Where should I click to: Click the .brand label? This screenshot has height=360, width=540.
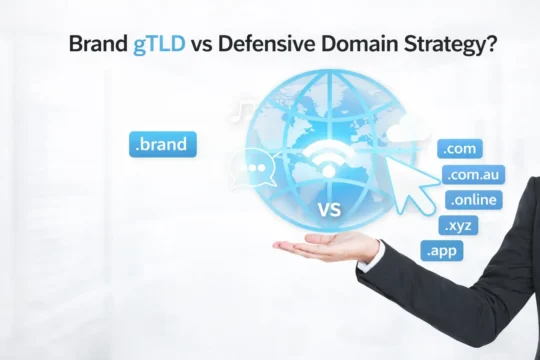point(163,144)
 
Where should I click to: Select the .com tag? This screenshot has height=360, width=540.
point(460,149)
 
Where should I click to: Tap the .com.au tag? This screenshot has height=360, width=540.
point(474,175)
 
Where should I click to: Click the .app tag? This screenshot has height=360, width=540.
point(442,250)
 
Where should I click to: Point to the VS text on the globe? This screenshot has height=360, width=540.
point(328,210)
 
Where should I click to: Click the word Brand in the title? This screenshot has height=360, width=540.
point(98,45)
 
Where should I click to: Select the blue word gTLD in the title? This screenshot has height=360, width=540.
point(157,45)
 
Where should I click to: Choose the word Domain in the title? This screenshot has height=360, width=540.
point(349,45)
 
